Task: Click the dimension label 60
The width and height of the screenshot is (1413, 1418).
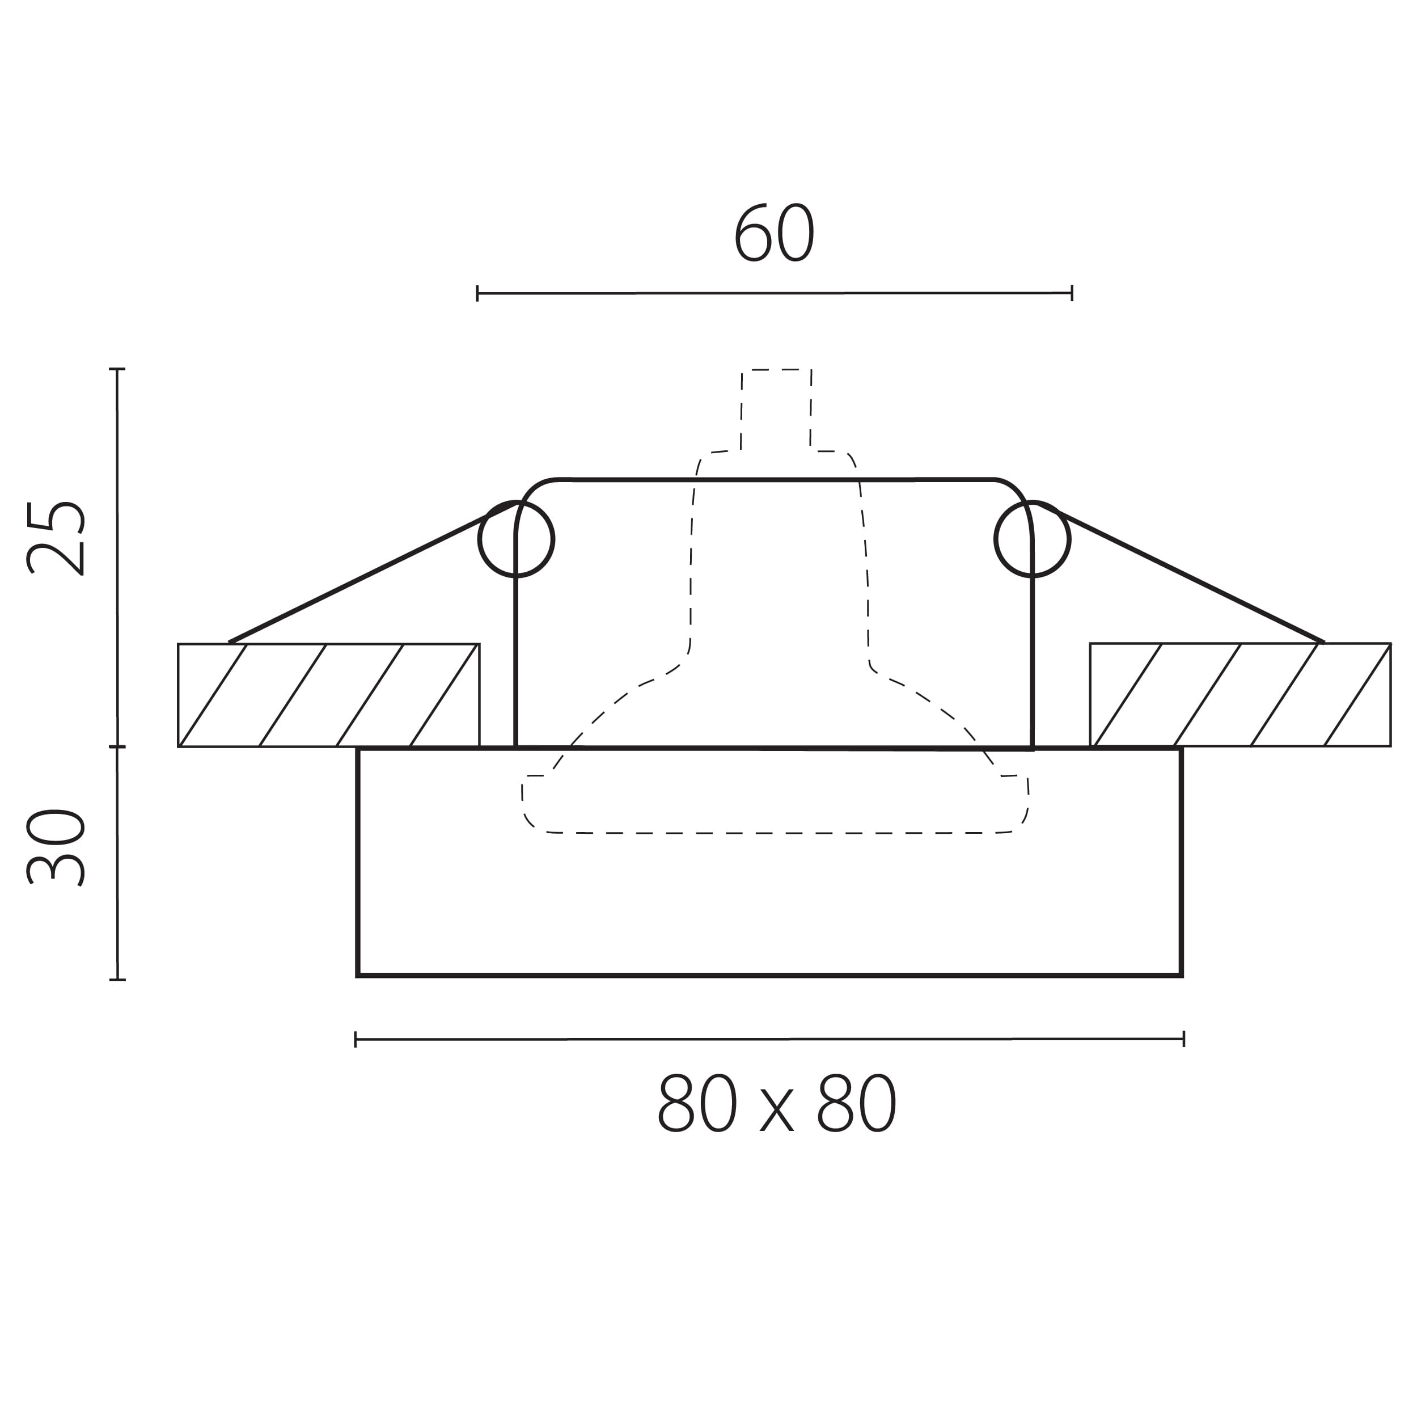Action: point(775,233)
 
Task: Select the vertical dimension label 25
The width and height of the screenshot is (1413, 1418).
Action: point(56,538)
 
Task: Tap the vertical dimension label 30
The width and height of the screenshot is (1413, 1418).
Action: point(56,848)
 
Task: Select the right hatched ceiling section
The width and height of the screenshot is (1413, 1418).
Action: point(1240,695)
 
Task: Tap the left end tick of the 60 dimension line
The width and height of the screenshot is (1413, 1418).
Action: point(477,294)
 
